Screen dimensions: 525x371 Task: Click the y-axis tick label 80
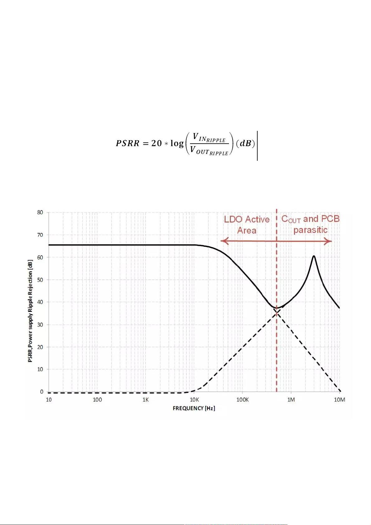point(40,212)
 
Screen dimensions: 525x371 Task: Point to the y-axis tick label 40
point(40,302)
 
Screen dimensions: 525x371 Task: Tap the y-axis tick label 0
point(41,392)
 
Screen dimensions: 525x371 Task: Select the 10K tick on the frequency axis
point(194,400)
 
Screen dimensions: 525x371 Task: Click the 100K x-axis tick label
point(242,400)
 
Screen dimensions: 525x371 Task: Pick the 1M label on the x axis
point(291,400)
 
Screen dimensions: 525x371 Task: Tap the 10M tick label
point(339,400)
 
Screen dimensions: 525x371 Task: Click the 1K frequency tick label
point(146,400)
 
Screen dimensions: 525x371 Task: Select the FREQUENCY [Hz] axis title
point(194,408)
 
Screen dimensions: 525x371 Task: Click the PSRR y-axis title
point(30,311)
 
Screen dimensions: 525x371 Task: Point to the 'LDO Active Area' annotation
point(247,225)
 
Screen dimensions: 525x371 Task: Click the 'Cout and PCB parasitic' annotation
point(310,224)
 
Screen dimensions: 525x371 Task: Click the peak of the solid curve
point(314,256)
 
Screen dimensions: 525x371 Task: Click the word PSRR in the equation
point(128,143)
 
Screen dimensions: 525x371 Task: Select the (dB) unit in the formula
point(245,143)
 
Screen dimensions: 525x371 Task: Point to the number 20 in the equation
point(156,143)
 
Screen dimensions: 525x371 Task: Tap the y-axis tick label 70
point(40,235)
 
